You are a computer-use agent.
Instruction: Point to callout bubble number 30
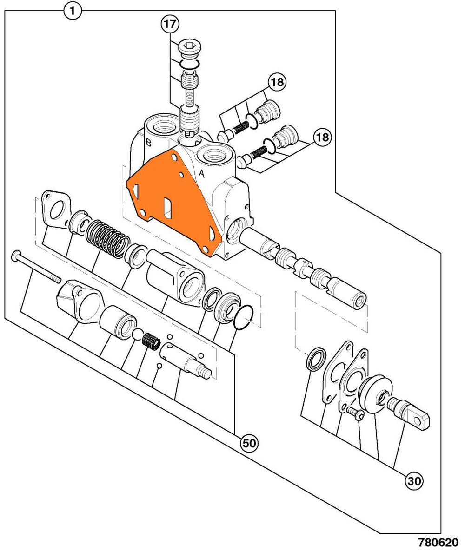point(413,481)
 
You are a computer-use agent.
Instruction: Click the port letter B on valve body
point(148,142)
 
